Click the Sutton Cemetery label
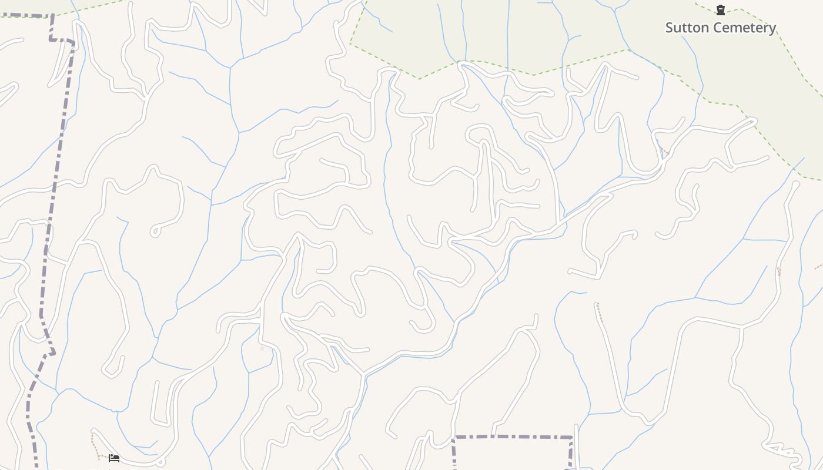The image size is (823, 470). pyautogui.click(x=720, y=28)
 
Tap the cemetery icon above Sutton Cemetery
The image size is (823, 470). pyautogui.click(x=720, y=9)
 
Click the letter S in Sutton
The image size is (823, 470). pyautogui.click(x=670, y=28)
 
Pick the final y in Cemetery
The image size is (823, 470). pyautogui.click(x=772, y=29)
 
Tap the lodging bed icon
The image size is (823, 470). pyautogui.click(x=114, y=458)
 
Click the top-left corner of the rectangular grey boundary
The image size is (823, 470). pyautogui.click(x=454, y=437)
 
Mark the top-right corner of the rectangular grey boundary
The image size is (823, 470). pyautogui.click(x=571, y=437)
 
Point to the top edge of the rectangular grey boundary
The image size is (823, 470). pyautogui.click(x=511, y=437)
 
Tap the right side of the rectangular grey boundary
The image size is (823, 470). pyautogui.click(x=570, y=454)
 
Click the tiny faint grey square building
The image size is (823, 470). pyautogui.click(x=262, y=348)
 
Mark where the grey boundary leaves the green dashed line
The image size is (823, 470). pyautogui.click(x=52, y=16)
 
